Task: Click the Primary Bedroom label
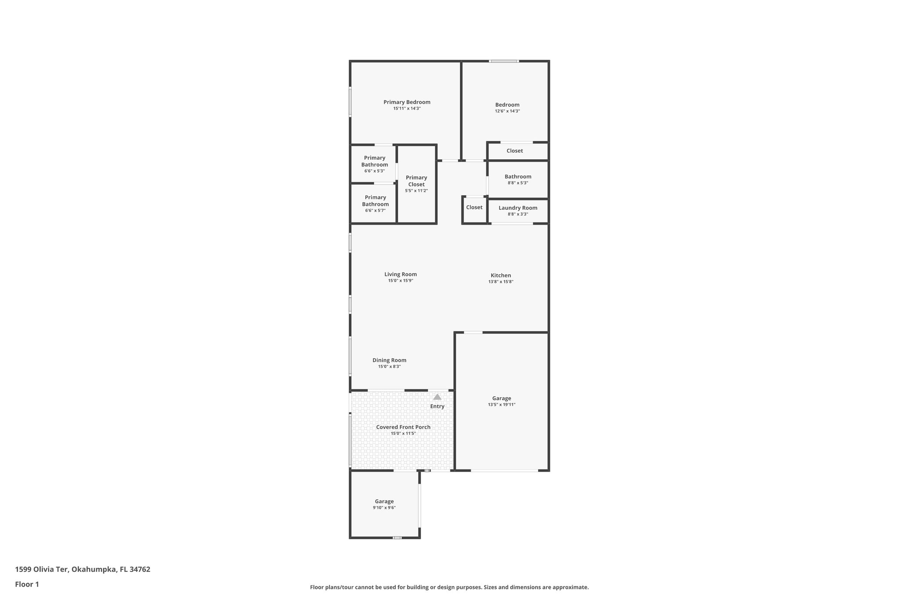click(406, 102)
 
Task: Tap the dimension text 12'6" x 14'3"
click(507, 111)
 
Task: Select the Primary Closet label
click(416, 181)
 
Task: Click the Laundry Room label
click(518, 208)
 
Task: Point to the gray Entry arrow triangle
click(437, 397)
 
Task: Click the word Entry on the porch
click(437, 406)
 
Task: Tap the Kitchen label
click(500, 276)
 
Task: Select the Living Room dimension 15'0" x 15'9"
click(400, 280)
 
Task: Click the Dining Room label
click(389, 360)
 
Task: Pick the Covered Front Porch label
click(403, 427)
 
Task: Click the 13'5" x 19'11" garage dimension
click(501, 405)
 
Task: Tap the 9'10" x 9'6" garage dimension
click(384, 508)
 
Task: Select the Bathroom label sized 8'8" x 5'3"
click(518, 176)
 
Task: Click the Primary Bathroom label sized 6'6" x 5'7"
click(375, 201)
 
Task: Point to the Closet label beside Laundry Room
click(474, 207)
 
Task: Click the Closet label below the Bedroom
click(514, 151)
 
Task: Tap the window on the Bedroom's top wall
click(504, 61)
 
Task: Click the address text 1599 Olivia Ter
click(42, 569)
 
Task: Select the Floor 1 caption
click(27, 584)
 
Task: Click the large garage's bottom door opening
click(504, 470)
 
